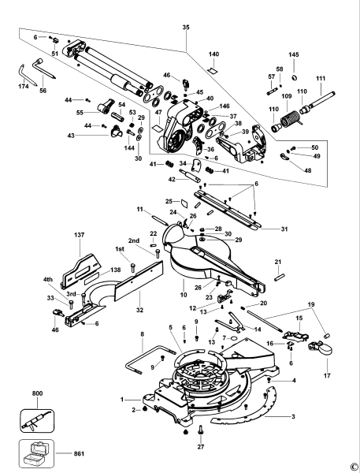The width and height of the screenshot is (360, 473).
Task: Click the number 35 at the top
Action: pos(186,28)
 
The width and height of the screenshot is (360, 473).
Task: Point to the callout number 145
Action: pos(294,54)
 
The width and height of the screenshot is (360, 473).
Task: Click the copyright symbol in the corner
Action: pos(354,466)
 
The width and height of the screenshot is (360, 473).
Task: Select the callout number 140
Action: pos(213,54)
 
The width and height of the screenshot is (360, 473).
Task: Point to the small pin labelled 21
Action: pos(279,276)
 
